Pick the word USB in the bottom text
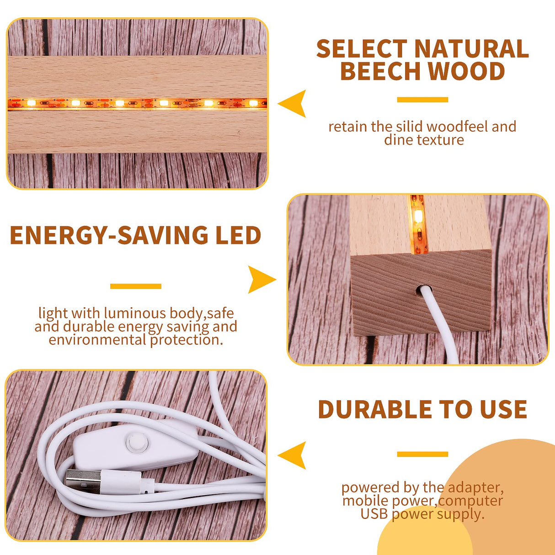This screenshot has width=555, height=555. tap(374, 514)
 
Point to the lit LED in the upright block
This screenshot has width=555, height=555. tap(418, 216)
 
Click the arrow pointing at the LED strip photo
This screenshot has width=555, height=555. tap(293, 104)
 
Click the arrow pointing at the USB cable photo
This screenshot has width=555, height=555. tap(293, 455)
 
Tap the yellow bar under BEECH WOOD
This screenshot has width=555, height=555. tap(422, 100)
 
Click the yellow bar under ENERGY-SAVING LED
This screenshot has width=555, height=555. tap(136, 286)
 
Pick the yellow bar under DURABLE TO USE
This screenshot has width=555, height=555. tap(422, 454)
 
